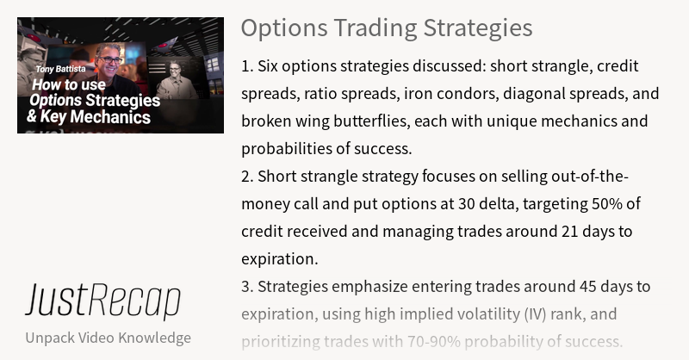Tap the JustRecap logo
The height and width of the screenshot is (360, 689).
(x=102, y=301)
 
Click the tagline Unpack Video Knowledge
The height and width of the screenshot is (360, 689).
(x=108, y=338)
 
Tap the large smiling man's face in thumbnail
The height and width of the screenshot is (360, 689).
(x=110, y=61)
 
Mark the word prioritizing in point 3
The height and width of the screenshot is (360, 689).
(x=281, y=342)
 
